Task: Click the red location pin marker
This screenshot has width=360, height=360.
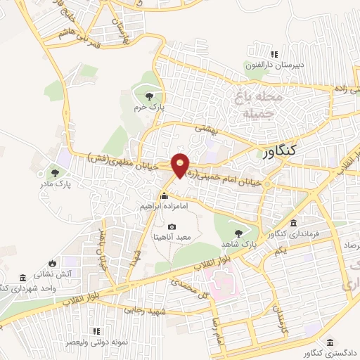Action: coord(181,166)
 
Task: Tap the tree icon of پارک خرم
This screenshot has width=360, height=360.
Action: coord(148,97)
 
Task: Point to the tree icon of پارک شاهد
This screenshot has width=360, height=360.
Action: coord(239,231)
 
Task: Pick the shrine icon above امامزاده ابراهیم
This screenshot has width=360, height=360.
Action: coord(165,196)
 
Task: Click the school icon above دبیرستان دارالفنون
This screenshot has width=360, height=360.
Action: coord(274,54)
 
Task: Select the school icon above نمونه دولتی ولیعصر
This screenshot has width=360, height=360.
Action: coord(96,330)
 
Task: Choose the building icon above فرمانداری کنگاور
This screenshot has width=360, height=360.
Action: coord(293,222)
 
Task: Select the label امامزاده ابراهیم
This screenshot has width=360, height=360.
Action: coord(164,207)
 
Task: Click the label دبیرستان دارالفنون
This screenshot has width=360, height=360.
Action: coord(274,65)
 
